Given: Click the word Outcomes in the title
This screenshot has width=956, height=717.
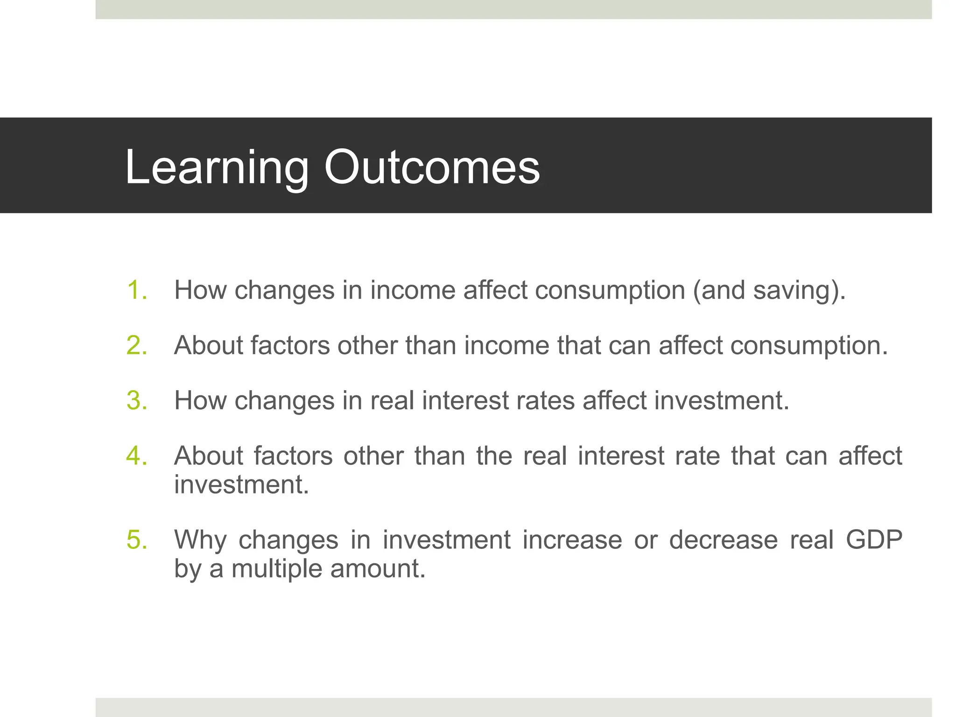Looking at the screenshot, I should click(432, 167).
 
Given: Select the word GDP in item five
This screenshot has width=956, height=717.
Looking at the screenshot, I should click(874, 540).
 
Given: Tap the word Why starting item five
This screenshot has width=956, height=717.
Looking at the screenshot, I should click(200, 540).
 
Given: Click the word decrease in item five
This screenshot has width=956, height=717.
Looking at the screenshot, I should click(723, 540).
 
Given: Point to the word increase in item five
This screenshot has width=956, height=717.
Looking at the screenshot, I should click(572, 540).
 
